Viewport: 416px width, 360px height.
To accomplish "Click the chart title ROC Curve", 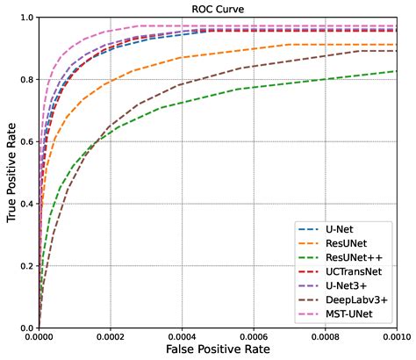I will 217,9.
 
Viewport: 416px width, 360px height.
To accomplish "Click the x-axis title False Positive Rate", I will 217,349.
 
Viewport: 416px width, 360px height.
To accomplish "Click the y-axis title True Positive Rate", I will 10,173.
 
